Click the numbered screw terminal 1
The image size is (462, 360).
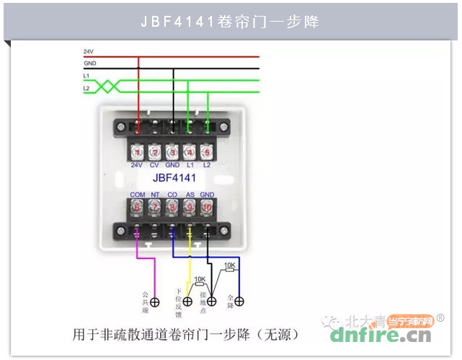tap(137, 152)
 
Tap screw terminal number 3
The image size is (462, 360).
tap(172, 152)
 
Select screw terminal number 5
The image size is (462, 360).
tap(207, 152)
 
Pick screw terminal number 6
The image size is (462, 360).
tap(137, 207)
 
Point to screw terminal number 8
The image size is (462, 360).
tap(172, 207)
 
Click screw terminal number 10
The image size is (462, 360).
tap(207, 207)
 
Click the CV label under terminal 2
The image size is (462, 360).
tap(154, 165)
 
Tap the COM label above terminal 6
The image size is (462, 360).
tap(137, 195)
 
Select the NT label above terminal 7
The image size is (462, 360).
tap(154, 195)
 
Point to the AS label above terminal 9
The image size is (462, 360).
tap(190, 195)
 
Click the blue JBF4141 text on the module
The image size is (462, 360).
tap(174, 177)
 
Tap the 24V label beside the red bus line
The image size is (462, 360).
tap(88, 52)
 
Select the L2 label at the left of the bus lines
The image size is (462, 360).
tap(86, 88)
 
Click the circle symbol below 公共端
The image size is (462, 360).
tap(154, 302)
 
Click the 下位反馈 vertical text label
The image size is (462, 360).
tap(178, 303)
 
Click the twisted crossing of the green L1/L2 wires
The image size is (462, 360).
tap(106, 86)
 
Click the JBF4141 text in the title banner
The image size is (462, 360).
tap(178, 22)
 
